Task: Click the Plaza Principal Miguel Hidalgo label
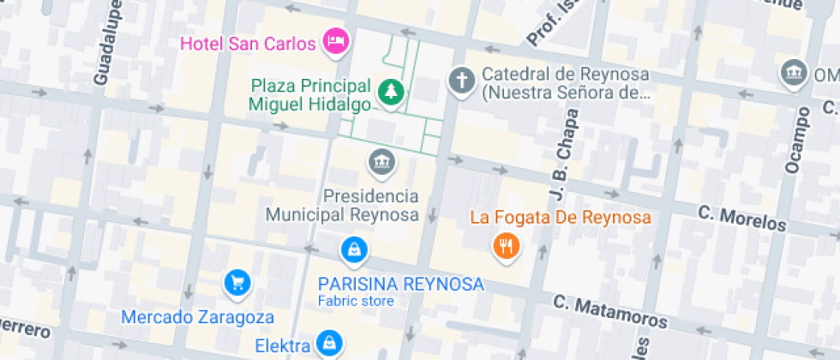click(310, 95)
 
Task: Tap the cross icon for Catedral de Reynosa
click(461, 81)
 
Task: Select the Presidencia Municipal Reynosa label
click(343, 205)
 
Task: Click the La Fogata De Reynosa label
click(561, 217)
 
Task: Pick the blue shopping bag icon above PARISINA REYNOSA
click(353, 250)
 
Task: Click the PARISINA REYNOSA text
click(400, 284)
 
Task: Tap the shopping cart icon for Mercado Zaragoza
click(237, 282)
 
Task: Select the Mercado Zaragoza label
click(197, 317)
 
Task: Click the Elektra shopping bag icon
click(327, 344)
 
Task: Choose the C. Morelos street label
click(741, 218)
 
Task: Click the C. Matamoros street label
click(610, 311)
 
